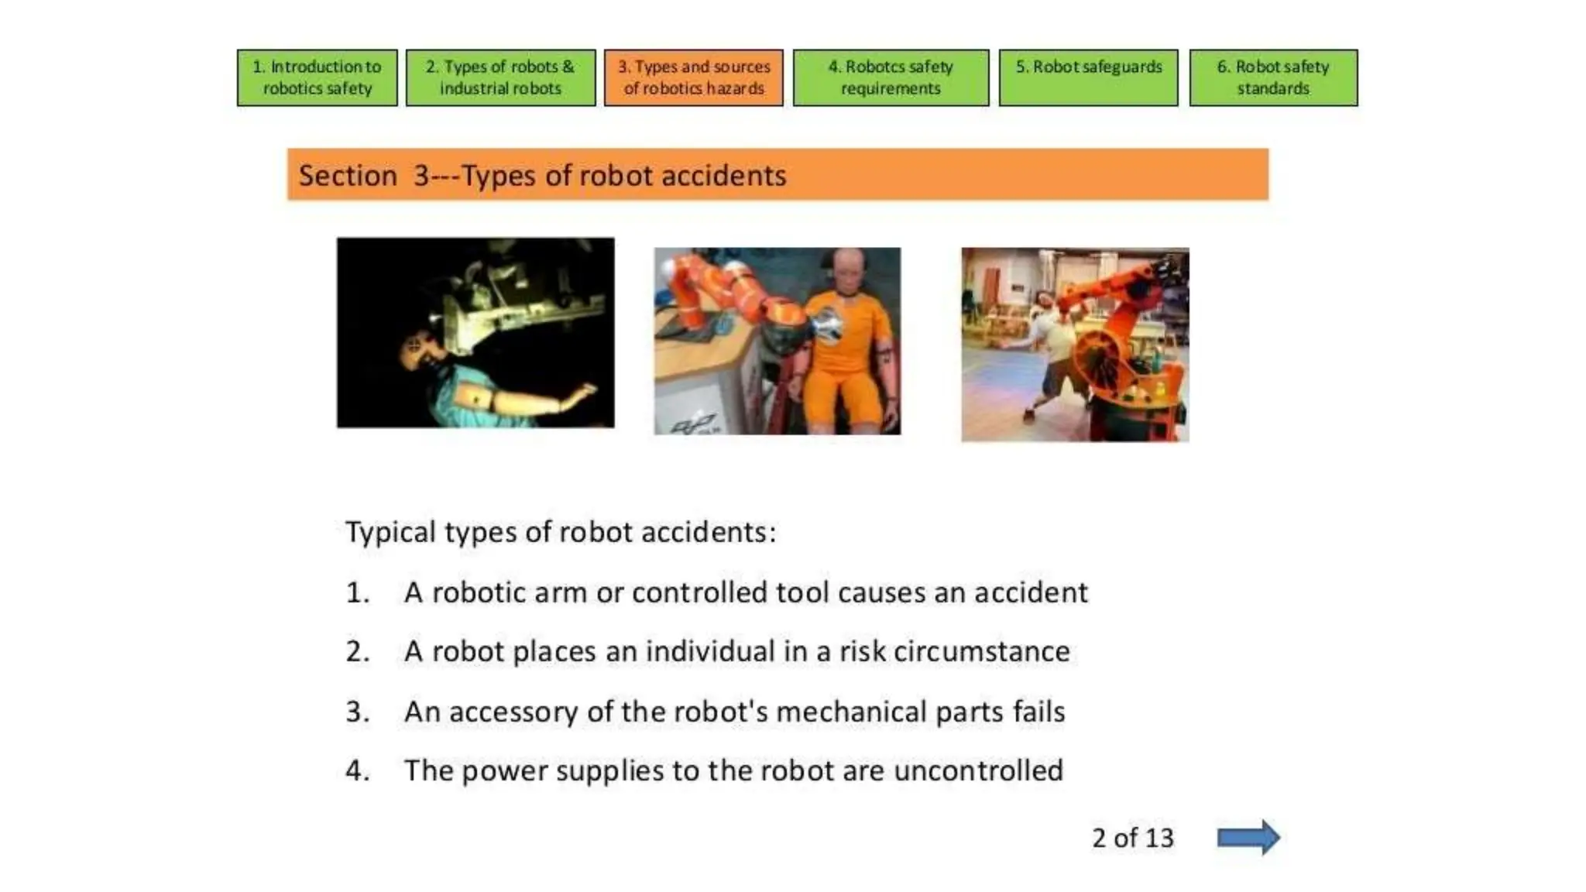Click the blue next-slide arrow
(1248, 837)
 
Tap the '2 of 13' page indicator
(1132, 838)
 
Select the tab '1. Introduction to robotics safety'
(317, 77)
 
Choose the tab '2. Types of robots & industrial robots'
(500, 77)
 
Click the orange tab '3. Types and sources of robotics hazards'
(693, 77)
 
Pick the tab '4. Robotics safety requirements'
(891, 77)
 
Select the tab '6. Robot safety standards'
(1272, 77)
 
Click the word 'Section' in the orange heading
(348, 176)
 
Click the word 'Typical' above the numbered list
(390, 533)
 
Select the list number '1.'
(357, 592)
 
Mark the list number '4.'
(357, 770)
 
